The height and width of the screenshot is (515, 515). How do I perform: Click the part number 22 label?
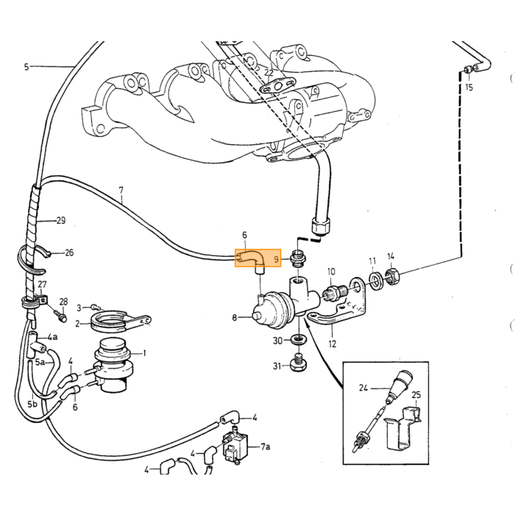click(269, 73)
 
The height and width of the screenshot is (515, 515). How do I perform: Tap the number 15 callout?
click(469, 87)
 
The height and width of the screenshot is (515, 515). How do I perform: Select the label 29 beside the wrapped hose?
click(61, 221)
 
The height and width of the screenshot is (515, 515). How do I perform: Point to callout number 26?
click(69, 252)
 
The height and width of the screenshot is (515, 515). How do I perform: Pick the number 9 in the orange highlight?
click(276, 260)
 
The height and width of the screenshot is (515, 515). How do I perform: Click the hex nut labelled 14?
click(391, 276)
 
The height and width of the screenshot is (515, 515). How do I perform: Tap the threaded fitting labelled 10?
click(333, 292)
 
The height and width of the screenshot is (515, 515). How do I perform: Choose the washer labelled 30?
click(299, 339)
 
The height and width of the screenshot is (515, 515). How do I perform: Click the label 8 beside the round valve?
click(235, 318)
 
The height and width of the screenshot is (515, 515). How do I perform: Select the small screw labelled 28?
click(62, 317)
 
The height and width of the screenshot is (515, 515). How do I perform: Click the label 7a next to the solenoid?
click(266, 447)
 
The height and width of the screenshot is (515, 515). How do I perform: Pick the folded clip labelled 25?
click(402, 428)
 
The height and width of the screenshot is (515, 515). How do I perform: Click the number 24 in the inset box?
click(363, 388)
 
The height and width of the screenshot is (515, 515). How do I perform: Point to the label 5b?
click(32, 404)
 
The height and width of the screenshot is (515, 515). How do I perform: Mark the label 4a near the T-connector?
click(52, 337)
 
